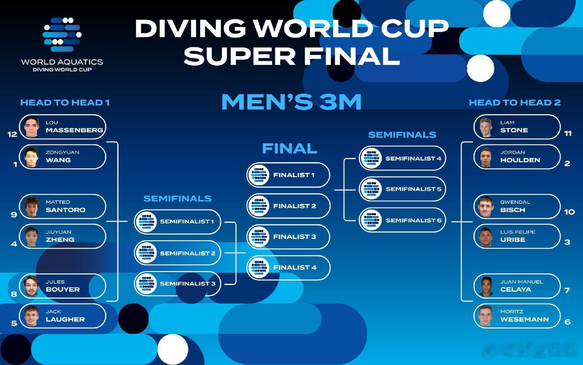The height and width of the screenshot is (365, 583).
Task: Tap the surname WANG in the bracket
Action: tap(58, 160)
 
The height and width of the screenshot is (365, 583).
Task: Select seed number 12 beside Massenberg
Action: tap(12, 134)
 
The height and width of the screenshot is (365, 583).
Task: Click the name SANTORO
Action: tap(65, 210)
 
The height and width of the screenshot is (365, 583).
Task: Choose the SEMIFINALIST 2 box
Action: tap(177, 253)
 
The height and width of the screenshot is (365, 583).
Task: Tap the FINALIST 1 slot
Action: tap(288, 175)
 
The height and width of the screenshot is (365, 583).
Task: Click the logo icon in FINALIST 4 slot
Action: tap(258, 268)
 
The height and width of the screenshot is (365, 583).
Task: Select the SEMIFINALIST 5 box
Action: tap(402, 189)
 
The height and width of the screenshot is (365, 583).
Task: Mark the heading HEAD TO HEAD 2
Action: tap(515, 102)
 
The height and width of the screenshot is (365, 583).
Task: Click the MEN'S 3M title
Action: tap(291, 102)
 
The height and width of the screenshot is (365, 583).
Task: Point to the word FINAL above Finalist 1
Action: tap(289, 148)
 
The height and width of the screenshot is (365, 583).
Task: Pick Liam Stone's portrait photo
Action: tap(486, 127)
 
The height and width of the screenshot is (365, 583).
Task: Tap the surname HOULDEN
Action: tap(520, 160)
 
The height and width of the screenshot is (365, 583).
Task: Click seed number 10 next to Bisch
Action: tap(569, 212)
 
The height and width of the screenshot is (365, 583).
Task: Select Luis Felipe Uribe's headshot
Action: tap(486, 237)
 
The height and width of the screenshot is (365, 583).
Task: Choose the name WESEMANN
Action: tap(524, 319)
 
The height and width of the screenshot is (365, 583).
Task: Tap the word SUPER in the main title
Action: tap(240, 56)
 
